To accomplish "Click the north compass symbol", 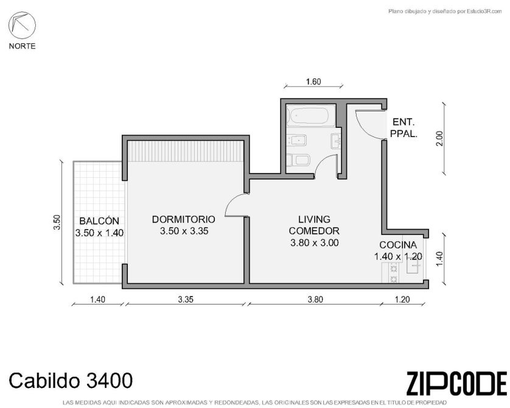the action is [x=22, y=26].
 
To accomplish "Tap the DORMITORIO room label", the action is [x=184, y=219].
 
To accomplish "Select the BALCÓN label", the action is [x=99, y=221].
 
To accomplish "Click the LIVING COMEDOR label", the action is [x=314, y=225].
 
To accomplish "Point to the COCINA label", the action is [x=398, y=245].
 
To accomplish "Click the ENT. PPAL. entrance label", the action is [x=403, y=127].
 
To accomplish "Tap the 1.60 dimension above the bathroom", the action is [x=313, y=82].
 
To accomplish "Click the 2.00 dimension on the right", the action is [x=440, y=138].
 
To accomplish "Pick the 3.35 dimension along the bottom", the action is [x=186, y=300].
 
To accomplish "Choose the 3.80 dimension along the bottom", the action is [x=315, y=300].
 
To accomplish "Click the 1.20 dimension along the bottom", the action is [x=402, y=300].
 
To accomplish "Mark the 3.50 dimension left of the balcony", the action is [x=57, y=222].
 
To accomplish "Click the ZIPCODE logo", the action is [x=456, y=383].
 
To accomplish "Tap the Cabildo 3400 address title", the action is [x=71, y=381].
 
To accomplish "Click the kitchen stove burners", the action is [x=394, y=273].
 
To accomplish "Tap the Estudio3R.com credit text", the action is [x=445, y=12].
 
